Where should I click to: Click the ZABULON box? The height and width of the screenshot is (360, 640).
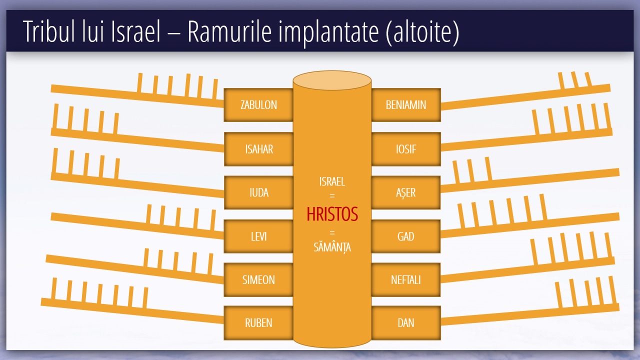258,105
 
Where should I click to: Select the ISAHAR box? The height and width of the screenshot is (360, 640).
258,149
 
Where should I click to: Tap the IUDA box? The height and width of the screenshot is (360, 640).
258,192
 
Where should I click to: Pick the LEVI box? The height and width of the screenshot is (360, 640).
258,236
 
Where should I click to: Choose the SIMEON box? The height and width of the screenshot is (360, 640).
258,279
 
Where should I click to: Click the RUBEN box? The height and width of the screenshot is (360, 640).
258,323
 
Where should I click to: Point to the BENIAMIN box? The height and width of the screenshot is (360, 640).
406,105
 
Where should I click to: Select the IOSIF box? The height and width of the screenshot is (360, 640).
406,149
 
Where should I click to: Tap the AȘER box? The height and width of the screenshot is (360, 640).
406,192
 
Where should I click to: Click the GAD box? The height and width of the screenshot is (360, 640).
406,236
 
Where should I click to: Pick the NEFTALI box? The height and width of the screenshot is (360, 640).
406,279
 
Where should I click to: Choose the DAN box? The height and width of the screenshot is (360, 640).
406,323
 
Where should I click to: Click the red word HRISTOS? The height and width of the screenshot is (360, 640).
332,214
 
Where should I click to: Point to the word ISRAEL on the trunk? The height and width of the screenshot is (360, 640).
332,182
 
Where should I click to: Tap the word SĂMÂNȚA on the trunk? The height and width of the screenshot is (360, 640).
332,246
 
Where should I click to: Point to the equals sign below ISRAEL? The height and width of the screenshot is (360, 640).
332,196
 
